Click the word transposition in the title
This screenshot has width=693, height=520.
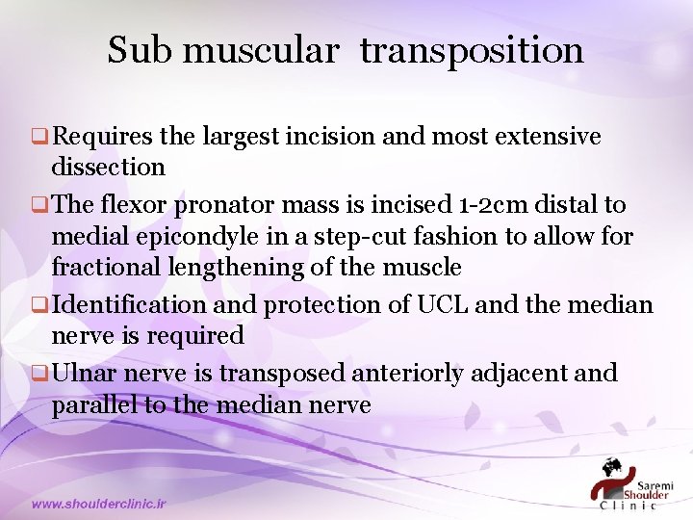[472, 51]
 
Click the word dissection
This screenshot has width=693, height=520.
[108, 167]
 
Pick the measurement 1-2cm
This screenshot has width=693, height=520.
[489, 205]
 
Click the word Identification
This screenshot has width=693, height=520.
[129, 305]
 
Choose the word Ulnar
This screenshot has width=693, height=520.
[88, 373]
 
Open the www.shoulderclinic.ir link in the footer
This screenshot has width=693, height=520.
[98, 504]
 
